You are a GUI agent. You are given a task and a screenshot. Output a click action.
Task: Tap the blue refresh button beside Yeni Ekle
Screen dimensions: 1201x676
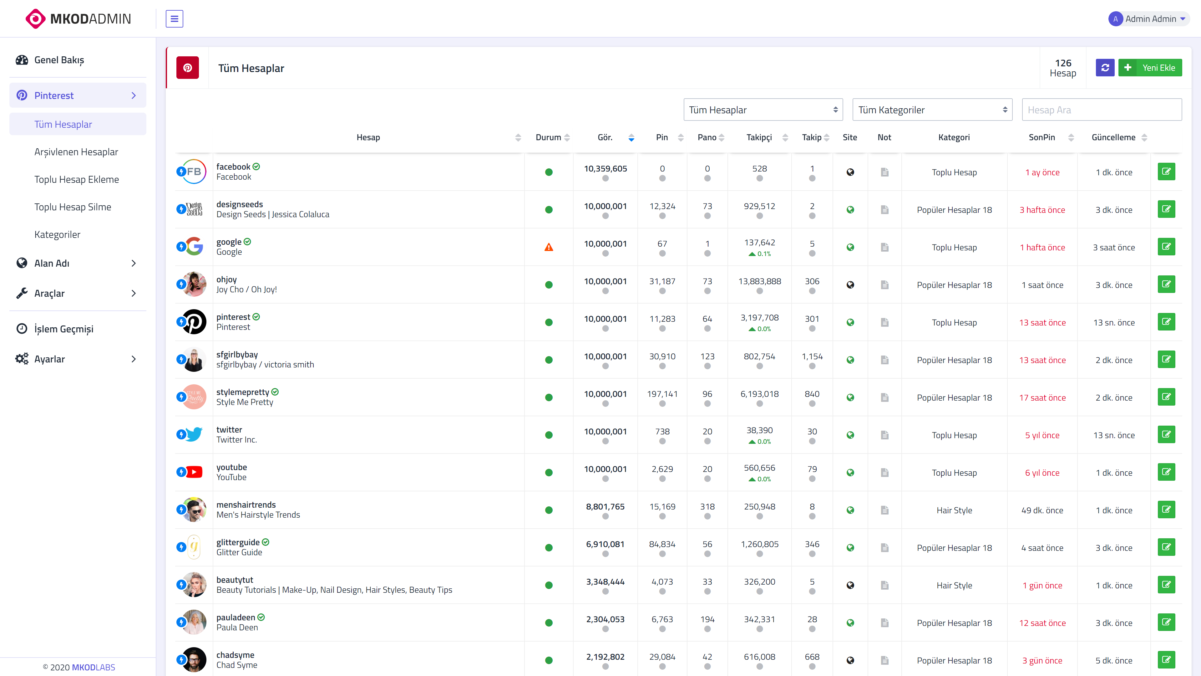click(1105, 68)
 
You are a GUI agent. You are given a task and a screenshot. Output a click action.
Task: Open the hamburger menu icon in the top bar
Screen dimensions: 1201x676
click(175, 19)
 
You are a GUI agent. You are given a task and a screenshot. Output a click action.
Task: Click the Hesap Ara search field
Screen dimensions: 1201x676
click(1102, 110)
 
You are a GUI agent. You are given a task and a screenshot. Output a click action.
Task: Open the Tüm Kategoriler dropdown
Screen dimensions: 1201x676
click(932, 110)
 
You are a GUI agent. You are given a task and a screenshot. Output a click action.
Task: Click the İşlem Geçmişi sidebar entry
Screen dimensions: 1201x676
click(64, 329)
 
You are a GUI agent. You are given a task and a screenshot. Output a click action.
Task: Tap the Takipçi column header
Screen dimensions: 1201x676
click(759, 137)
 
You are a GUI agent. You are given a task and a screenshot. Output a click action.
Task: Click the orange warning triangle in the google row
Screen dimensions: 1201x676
click(549, 247)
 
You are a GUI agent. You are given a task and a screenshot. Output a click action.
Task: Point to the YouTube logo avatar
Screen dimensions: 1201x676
click(194, 472)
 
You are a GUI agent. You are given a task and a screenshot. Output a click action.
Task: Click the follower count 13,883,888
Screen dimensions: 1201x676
click(759, 281)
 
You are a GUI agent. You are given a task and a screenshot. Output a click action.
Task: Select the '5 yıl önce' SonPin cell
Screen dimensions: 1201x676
click(1042, 435)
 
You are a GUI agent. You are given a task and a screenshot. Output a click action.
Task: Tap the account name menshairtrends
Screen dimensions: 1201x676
click(246, 505)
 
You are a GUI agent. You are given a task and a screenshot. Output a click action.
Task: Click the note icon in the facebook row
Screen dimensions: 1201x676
click(884, 172)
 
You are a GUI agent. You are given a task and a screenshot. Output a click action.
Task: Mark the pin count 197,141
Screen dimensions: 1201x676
click(662, 394)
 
